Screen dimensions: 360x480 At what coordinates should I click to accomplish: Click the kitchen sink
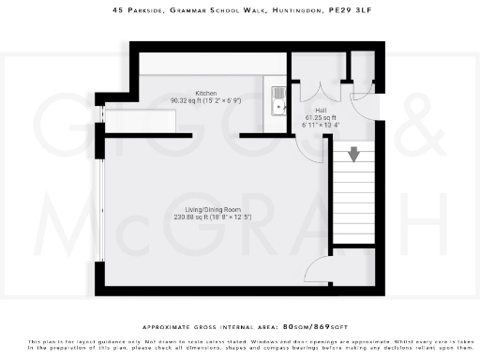click(x=278, y=98)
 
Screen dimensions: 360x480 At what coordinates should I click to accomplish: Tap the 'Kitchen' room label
click(x=206, y=92)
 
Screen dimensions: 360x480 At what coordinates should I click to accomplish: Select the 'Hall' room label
click(x=307, y=109)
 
